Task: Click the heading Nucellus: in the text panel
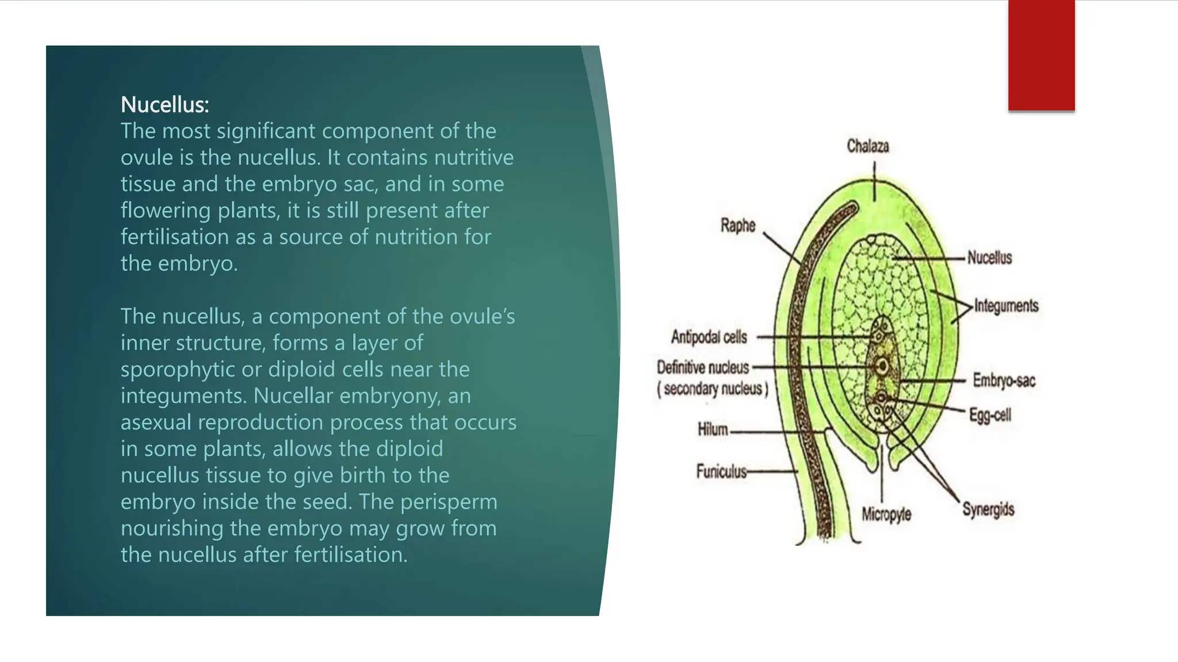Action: [x=165, y=105]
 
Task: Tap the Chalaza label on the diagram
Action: [x=867, y=146]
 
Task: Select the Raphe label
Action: [x=737, y=225]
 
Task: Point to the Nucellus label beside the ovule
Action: [x=989, y=257]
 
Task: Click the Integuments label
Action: [x=1006, y=306]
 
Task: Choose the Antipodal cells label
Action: [x=709, y=337]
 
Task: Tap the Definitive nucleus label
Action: [x=703, y=367]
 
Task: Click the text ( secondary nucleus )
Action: [x=713, y=389]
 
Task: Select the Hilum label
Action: [x=713, y=429]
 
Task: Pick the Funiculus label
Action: [x=721, y=471]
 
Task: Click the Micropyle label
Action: [x=886, y=514]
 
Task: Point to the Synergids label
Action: [x=988, y=509]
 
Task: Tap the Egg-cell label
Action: [x=990, y=415]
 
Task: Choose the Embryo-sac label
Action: [x=1004, y=380]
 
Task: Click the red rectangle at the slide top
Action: [x=1041, y=55]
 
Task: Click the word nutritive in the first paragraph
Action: [x=473, y=157]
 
